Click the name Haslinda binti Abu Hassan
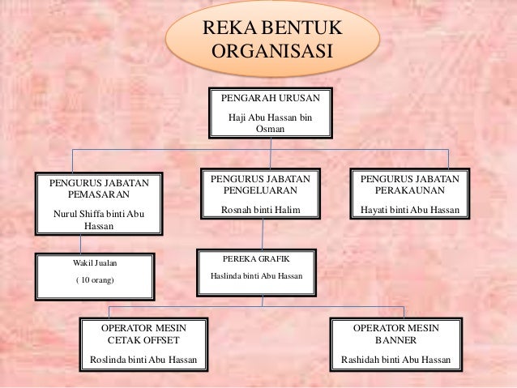[x=254, y=275]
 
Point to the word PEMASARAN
[x=99, y=195]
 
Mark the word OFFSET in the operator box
[x=159, y=341]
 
